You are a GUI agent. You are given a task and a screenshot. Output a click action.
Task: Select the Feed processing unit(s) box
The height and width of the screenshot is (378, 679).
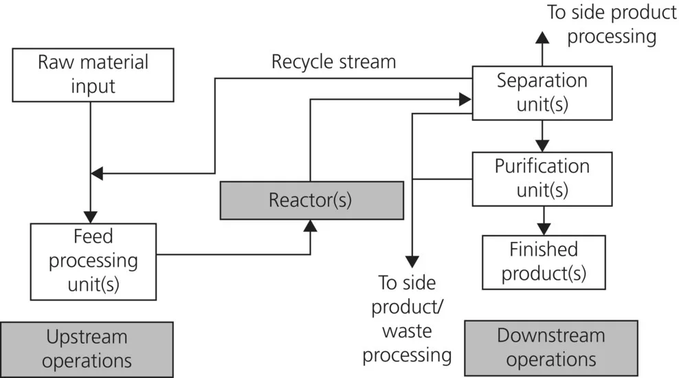point(93,260)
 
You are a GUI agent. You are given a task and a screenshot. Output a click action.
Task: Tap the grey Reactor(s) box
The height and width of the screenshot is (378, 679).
point(311,201)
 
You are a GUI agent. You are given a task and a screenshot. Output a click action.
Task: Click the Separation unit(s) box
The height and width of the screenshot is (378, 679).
point(542,93)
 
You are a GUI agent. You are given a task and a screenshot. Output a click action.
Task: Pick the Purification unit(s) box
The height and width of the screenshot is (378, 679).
point(542,178)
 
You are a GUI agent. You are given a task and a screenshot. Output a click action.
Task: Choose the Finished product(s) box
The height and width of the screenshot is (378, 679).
point(544,261)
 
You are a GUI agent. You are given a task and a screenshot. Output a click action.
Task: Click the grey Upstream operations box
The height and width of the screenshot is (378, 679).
point(87,348)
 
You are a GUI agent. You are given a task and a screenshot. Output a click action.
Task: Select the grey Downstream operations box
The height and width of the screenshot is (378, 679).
point(550,348)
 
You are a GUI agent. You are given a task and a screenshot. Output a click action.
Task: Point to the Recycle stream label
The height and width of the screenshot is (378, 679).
point(333,62)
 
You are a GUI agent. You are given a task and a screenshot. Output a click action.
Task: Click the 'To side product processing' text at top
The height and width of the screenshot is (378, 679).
point(611,24)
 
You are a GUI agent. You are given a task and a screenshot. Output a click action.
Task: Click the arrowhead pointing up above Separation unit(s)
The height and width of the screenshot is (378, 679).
point(542,38)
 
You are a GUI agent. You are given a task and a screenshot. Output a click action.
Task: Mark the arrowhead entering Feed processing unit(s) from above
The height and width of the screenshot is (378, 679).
point(91,216)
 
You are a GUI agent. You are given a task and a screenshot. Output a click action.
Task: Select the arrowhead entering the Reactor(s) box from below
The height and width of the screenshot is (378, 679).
point(311,226)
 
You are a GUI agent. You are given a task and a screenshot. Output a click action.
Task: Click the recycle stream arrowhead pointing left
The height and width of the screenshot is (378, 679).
point(98,173)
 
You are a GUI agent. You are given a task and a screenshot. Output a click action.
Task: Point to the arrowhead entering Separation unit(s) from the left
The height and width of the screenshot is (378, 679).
point(465,100)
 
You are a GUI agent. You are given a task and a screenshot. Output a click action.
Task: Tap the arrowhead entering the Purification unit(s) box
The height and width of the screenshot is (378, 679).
point(542,145)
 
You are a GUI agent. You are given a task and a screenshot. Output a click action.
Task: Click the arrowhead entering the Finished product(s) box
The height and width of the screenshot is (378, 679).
point(544,229)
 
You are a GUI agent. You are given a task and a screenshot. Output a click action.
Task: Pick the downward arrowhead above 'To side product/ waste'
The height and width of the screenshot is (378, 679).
point(412,261)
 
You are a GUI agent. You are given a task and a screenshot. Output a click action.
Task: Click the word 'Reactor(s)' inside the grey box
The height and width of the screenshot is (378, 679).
point(311,201)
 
